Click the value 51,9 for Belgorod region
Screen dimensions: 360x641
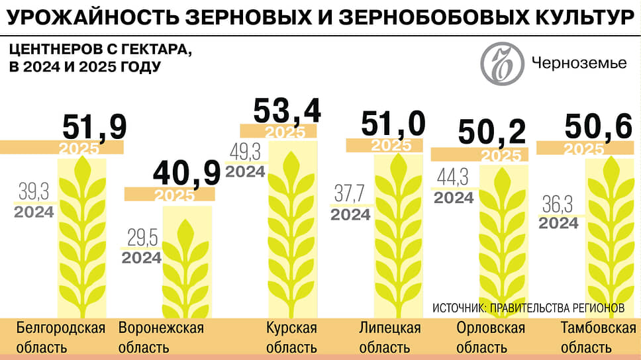pyautogui.click(x=94, y=128)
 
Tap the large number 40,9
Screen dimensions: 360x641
pyautogui.click(x=186, y=173)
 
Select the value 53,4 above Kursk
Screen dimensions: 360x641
pyautogui.click(x=287, y=111)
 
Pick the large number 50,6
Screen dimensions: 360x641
pyautogui.click(x=598, y=128)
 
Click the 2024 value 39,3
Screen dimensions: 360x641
pyautogui.click(x=32, y=193)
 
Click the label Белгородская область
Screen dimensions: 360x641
pyautogui.click(x=60, y=337)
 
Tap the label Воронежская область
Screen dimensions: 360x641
pyautogui.click(x=160, y=337)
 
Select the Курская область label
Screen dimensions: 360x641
pyautogui.click(x=291, y=337)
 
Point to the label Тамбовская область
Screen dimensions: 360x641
pyautogui.click(x=593, y=337)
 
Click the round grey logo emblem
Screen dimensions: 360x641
pyautogui.click(x=501, y=64)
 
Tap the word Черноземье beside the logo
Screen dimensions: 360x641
pyautogui.click(x=579, y=64)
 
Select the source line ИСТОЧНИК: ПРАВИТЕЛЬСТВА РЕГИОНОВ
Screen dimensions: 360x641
pyautogui.click(x=528, y=308)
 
